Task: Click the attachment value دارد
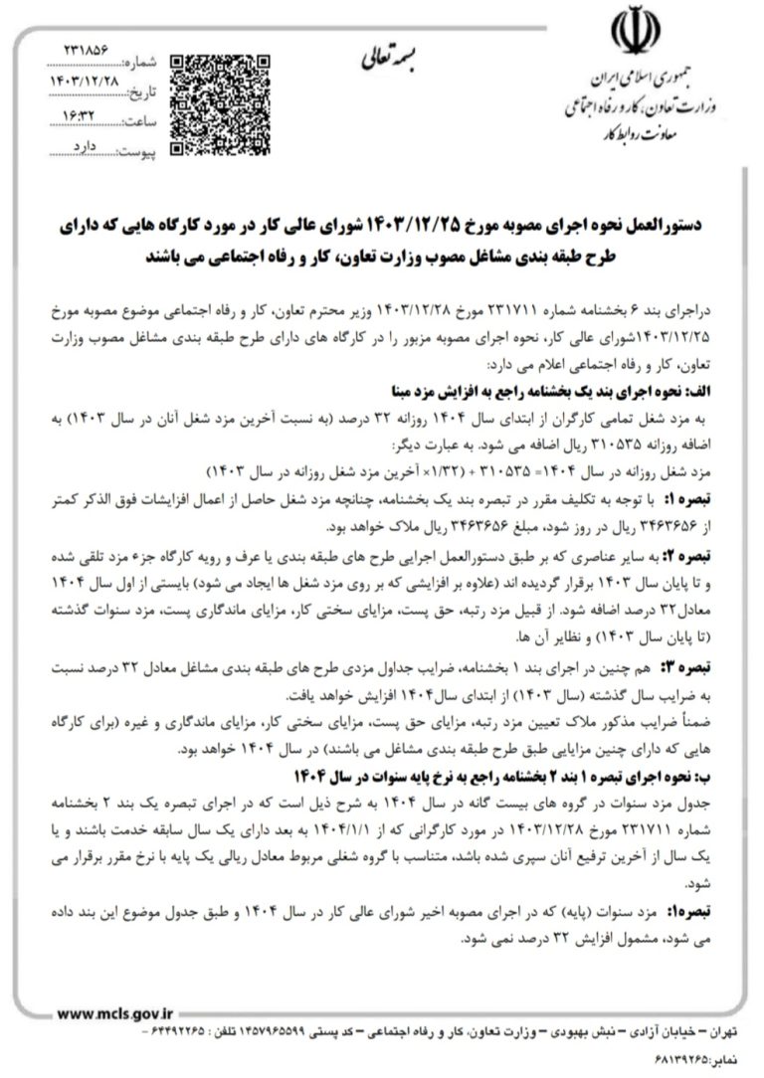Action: click(91, 145)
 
